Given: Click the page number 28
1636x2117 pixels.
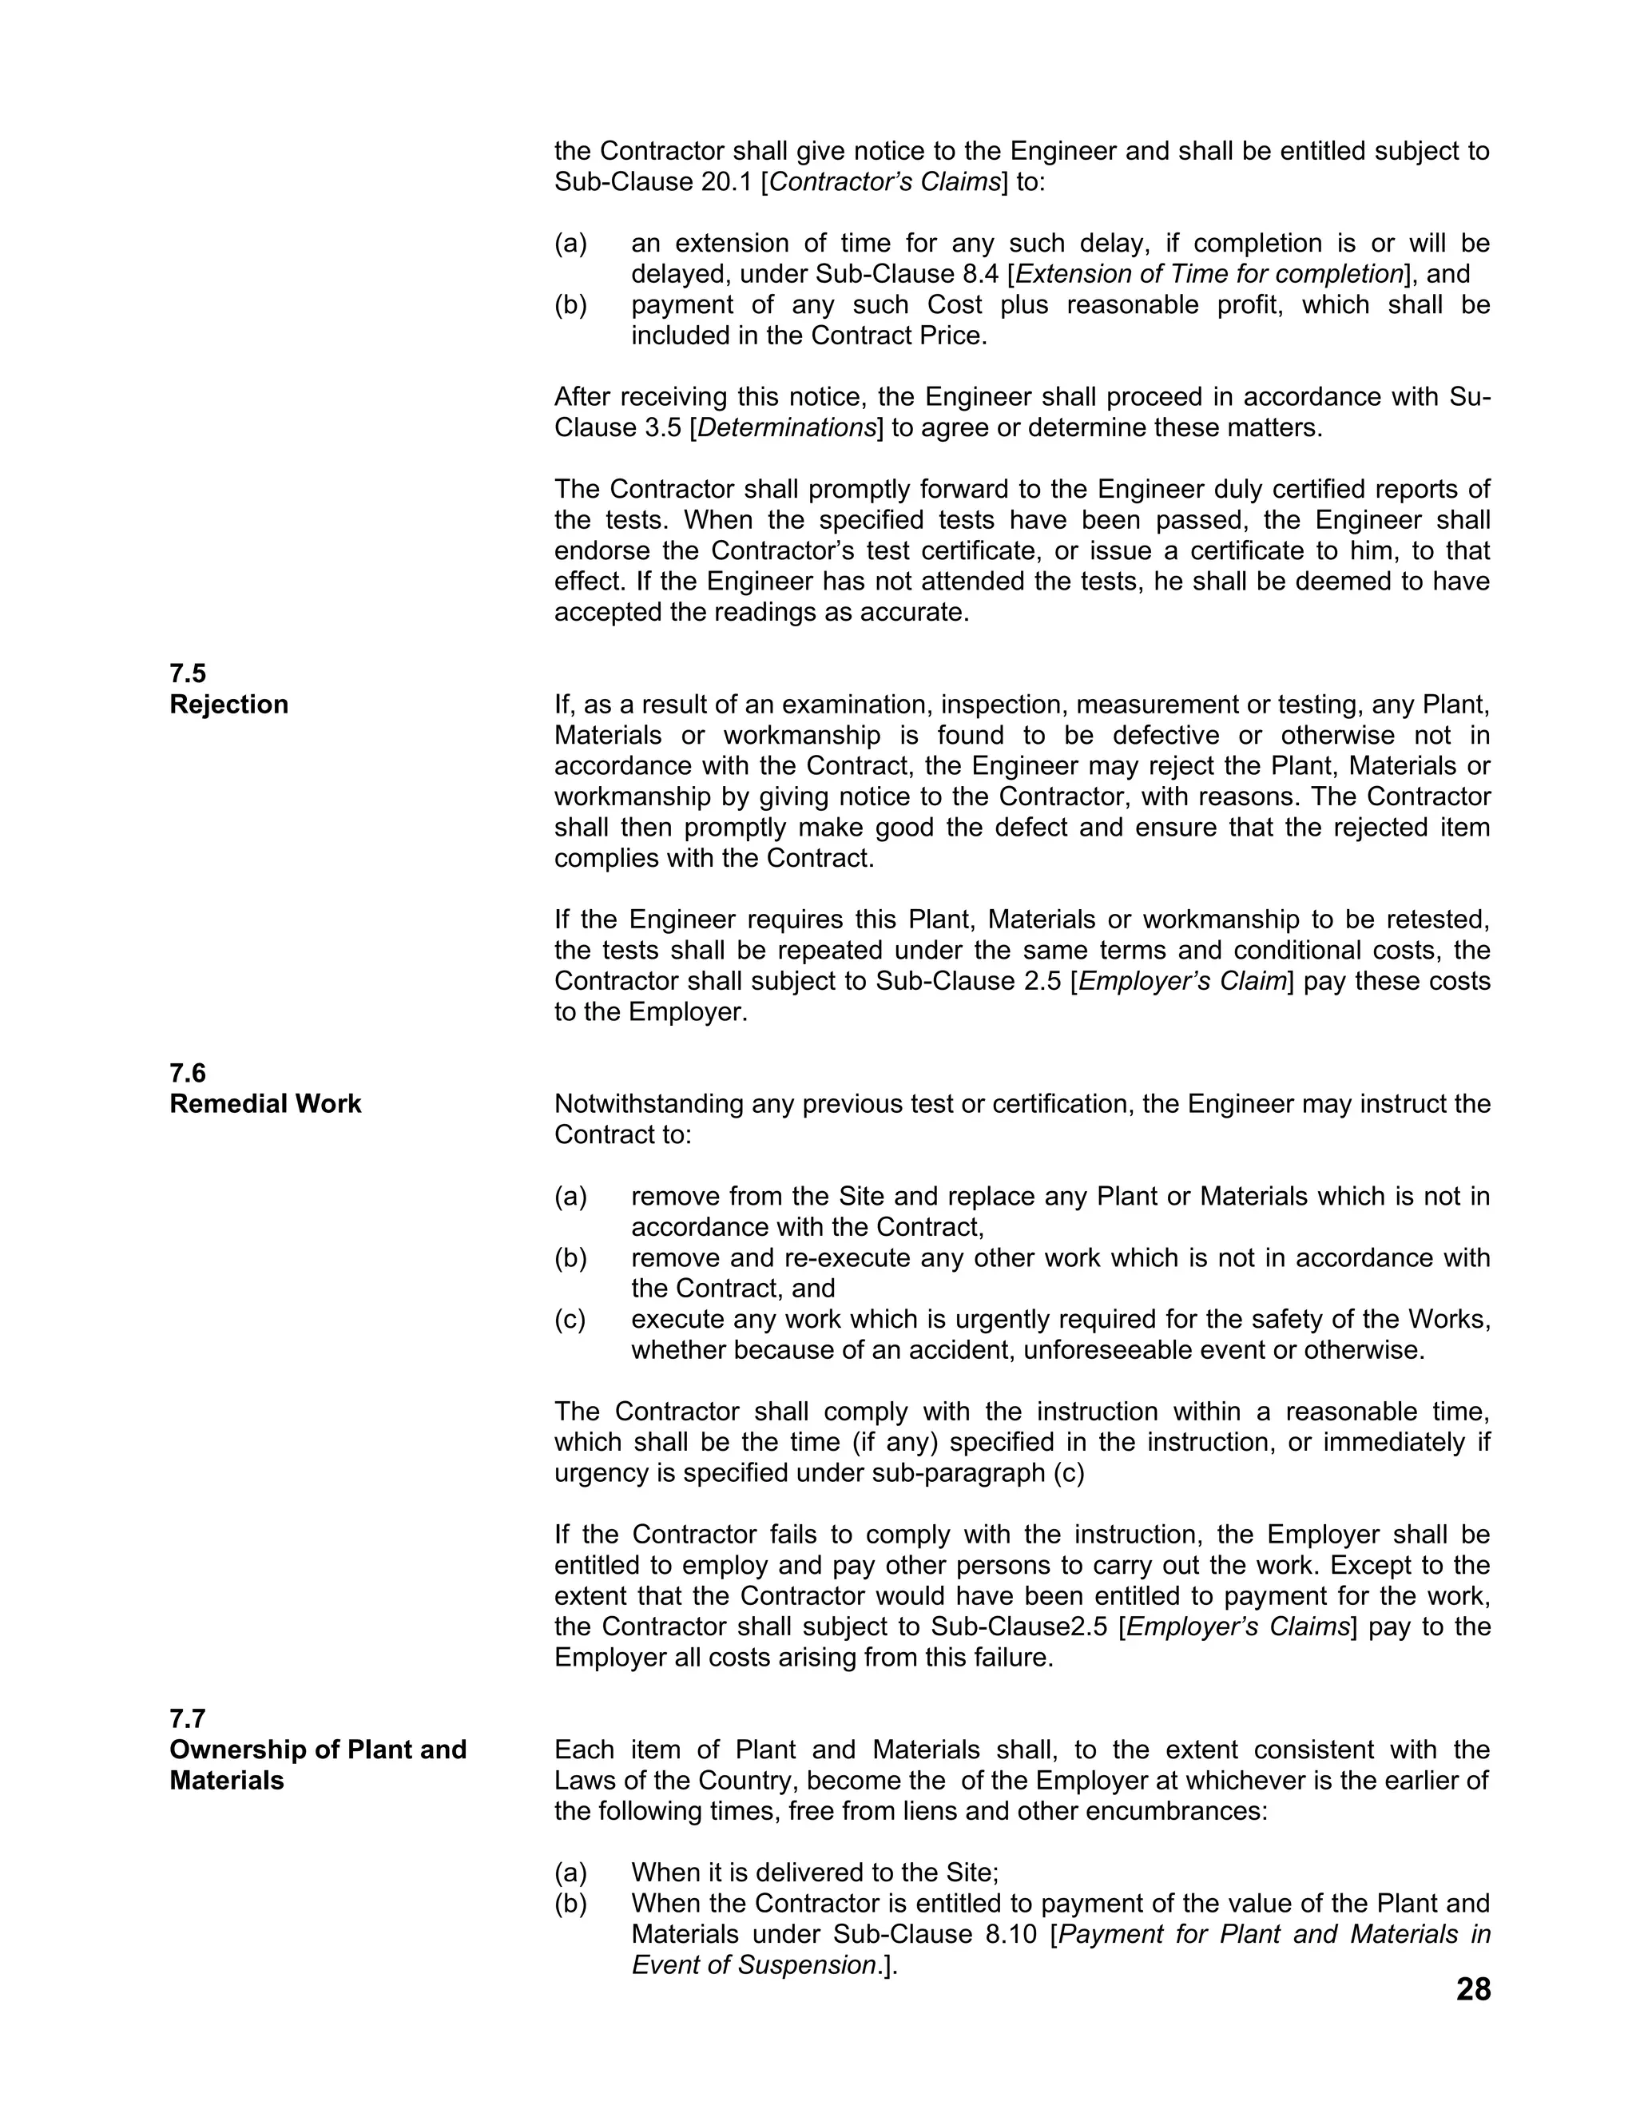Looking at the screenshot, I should (1472, 1989).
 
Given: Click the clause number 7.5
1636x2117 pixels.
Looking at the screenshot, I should (188, 673).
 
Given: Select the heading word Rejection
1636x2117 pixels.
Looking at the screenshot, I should (228, 704).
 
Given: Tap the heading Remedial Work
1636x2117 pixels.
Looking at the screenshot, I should (264, 1103).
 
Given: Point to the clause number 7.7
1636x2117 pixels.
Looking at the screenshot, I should (188, 1718).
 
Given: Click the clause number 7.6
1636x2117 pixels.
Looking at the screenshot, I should (188, 1073).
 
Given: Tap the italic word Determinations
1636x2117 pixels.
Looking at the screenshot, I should (786, 427).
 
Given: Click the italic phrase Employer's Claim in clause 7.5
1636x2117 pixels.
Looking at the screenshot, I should (1182, 981).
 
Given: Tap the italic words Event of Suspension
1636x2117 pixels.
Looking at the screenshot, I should (754, 1965).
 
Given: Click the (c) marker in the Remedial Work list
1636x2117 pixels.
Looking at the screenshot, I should (570, 1319).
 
